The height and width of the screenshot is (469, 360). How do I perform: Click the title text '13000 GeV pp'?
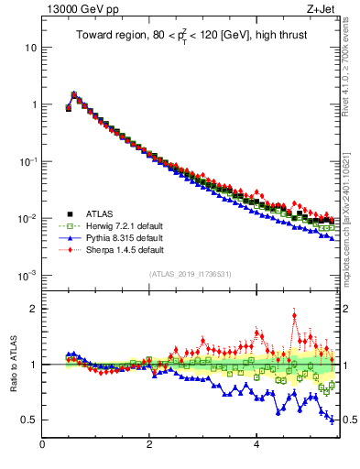pos(75,9)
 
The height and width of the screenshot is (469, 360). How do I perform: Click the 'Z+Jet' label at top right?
pos(319,9)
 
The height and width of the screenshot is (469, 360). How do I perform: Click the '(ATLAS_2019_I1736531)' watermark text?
pos(190,274)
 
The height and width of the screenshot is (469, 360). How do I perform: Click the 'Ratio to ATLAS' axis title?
pos(14,364)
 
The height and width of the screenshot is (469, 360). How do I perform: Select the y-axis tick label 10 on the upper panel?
pos(32,47)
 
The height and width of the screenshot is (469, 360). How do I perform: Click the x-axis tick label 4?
pos(256,446)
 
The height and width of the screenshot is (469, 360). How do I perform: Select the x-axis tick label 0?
pos(42,446)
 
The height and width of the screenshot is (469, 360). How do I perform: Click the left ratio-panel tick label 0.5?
pos(29,420)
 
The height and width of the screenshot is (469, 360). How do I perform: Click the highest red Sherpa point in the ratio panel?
pos(294,316)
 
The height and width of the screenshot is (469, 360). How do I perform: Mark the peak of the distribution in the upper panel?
pos(74,93)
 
